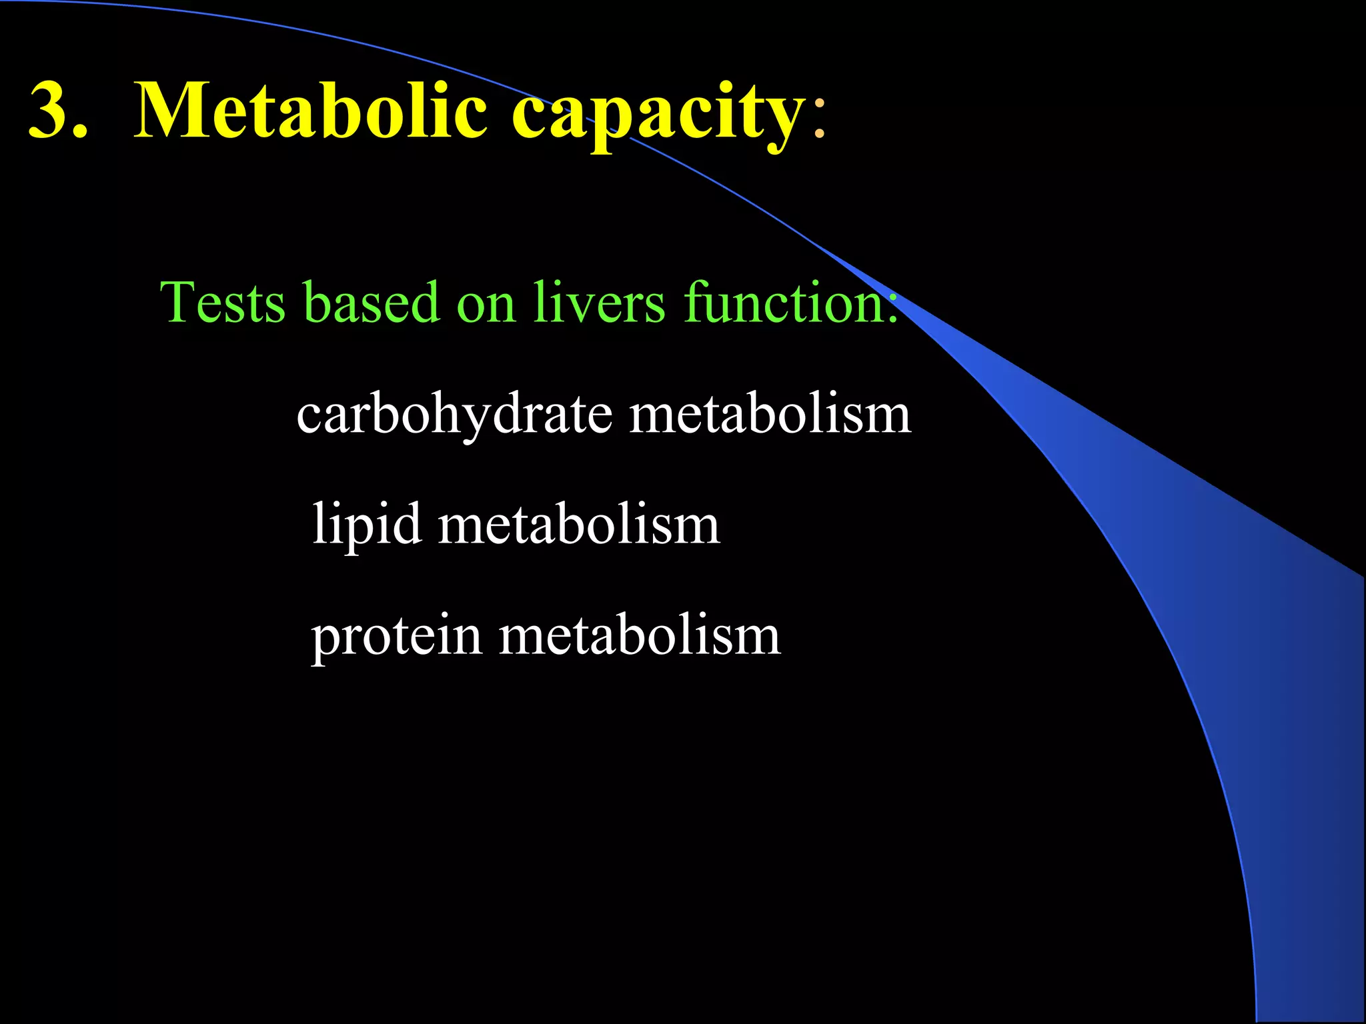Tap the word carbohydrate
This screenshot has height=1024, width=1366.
point(454,415)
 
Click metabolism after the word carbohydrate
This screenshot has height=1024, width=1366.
point(770,415)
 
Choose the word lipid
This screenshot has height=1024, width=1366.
point(367,525)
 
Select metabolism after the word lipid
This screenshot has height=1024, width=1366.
point(579,525)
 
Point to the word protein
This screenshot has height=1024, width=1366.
point(397,637)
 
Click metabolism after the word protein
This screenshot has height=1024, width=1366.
point(640,637)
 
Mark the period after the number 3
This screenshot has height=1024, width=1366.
point(80,133)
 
